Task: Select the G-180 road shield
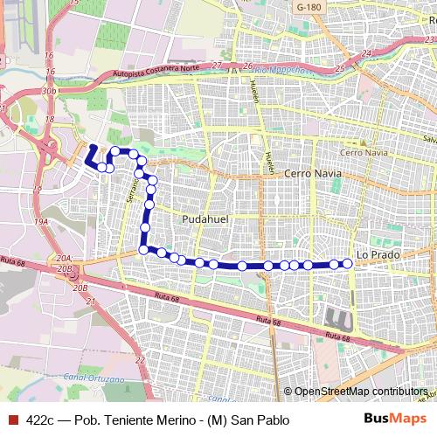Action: point(308,7)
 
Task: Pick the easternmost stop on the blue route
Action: point(348,263)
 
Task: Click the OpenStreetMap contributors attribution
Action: point(360,391)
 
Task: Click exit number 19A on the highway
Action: point(40,222)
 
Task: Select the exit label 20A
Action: point(62,259)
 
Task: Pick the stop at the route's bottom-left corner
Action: point(144,250)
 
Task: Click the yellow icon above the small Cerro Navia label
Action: point(355,143)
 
